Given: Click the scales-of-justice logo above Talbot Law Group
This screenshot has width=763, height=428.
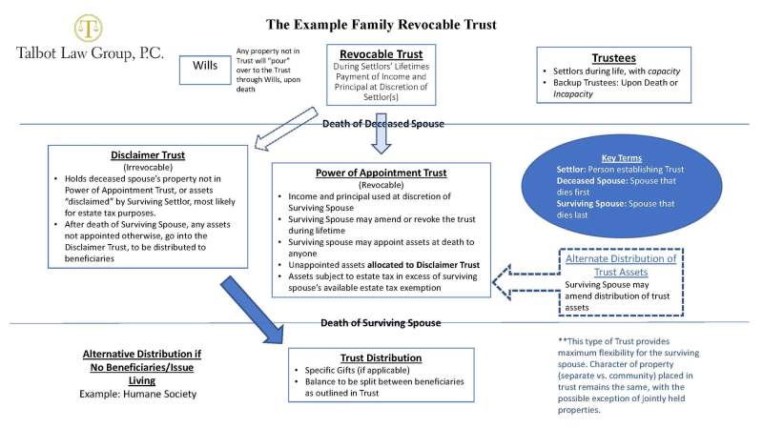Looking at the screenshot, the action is point(88,28).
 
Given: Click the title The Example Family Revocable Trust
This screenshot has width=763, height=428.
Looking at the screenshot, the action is point(381,25).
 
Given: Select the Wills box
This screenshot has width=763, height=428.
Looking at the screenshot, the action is point(205,70).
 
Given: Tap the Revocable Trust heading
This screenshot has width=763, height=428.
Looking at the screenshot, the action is point(381,54).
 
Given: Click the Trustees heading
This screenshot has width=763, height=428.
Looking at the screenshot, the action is point(613,58).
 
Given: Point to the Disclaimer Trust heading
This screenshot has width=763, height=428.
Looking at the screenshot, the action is point(148,154).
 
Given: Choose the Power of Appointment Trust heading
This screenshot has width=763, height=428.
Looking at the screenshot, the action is point(381,173).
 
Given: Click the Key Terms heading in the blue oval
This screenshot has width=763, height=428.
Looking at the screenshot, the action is point(622,157).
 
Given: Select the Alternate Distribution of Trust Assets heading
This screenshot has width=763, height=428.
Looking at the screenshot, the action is point(621,265).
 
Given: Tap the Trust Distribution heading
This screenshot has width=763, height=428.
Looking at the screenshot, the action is point(381,358).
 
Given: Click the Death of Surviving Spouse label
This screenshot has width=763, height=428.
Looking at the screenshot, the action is point(381,323).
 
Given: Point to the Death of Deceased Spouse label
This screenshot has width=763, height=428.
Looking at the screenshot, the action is point(383,124).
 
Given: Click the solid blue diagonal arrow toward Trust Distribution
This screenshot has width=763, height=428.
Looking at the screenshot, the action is point(252,311).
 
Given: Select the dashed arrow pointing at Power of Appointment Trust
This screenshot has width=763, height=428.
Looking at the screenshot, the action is point(526,282).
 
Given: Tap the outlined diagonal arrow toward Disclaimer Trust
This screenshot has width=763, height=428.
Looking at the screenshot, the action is point(285,129).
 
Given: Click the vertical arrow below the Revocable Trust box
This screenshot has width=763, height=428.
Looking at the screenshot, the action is point(381,133).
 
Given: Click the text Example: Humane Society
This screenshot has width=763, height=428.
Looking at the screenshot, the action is point(137,394).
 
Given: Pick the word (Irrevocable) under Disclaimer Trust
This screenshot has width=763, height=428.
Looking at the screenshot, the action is point(148,168).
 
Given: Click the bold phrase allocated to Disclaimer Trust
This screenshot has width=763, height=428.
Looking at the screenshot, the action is point(423,265).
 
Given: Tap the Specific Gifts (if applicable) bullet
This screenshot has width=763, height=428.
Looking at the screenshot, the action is point(357,370).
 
